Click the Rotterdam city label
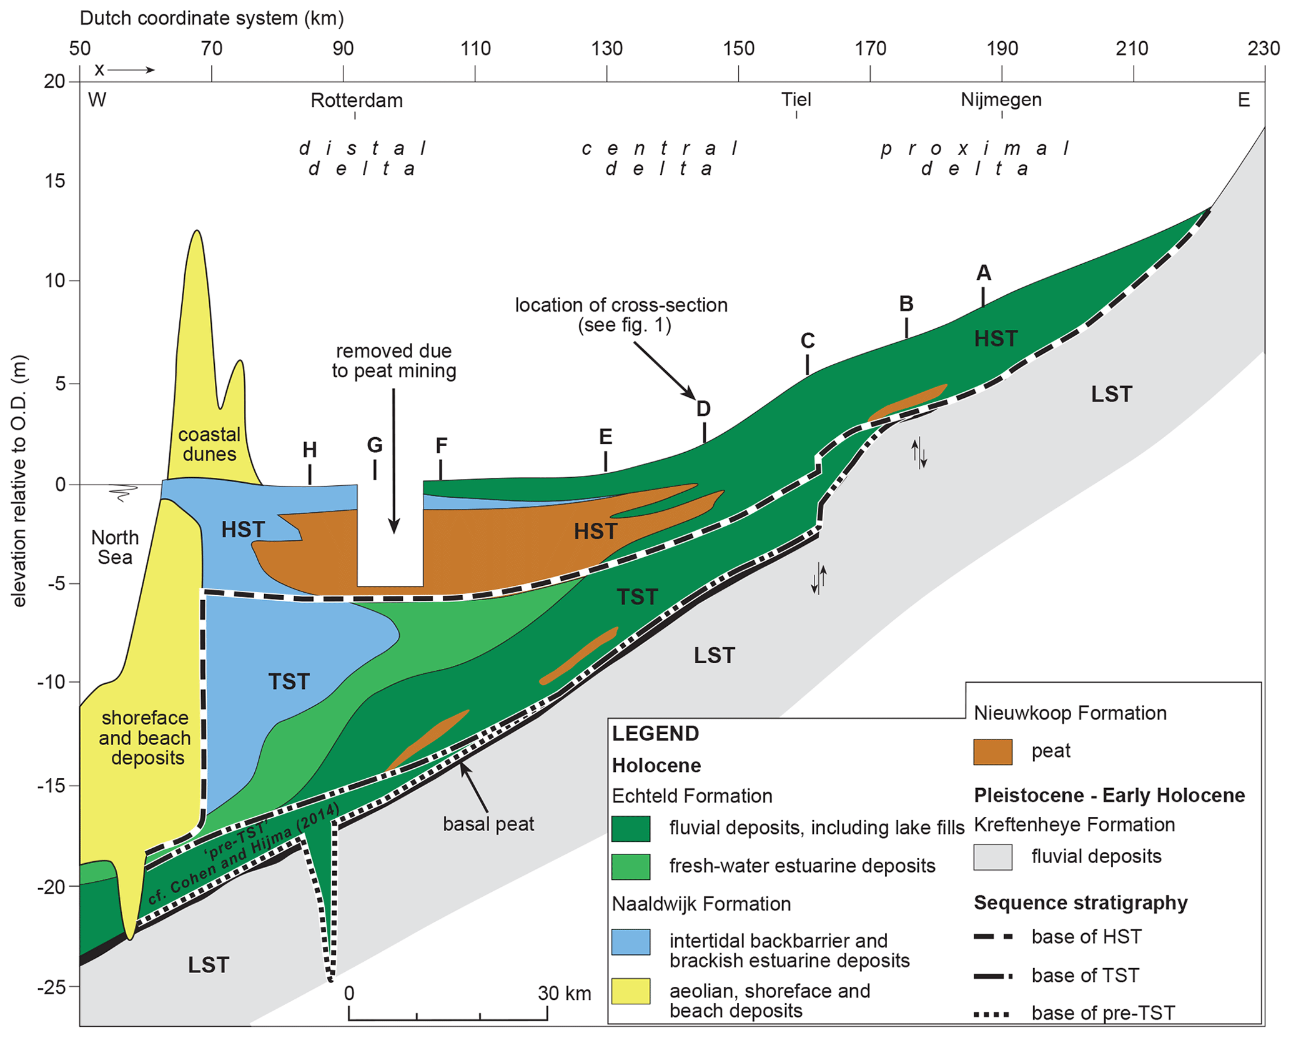[357, 100]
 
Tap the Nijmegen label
[1001, 99]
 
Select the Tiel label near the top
[796, 99]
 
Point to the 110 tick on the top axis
[475, 48]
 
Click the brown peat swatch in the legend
[992, 751]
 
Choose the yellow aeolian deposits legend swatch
[630, 991]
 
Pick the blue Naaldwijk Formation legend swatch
[630, 942]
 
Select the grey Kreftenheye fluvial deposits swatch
[992, 857]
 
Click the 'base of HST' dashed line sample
[992, 937]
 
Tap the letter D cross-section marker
[703, 409]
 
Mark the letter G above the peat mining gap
[374, 445]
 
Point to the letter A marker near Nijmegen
[983, 273]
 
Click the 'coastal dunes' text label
[209, 444]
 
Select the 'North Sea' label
[115, 547]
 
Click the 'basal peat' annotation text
[488, 824]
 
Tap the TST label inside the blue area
[289, 681]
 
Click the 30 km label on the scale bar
[564, 994]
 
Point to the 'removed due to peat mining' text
[393, 361]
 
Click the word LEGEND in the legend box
[655, 733]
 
